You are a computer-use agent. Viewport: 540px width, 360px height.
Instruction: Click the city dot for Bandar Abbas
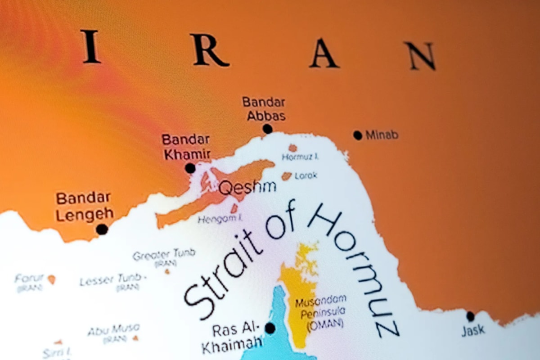[x=268, y=129]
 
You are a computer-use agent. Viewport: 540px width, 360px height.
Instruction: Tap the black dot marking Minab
[x=358, y=135]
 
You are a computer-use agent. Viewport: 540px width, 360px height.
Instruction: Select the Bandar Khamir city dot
[x=190, y=168]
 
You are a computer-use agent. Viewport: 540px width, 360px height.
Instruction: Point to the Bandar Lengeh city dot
[x=102, y=229]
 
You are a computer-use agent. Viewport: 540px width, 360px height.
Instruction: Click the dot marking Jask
[x=470, y=316]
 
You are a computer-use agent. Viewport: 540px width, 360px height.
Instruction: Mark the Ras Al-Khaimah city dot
[x=270, y=328]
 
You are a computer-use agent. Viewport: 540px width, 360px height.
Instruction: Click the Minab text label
[x=382, y=135]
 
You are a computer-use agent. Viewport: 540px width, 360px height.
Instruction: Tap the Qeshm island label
[x=247, y=188]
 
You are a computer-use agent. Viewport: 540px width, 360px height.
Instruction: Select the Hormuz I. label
[x=300, y=157]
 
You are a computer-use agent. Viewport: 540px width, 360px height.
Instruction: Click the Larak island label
[x=306, y=175]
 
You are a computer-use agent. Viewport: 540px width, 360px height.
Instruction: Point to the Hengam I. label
[x=220, y=219]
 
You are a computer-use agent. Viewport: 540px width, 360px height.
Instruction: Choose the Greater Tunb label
[x=164, y=255]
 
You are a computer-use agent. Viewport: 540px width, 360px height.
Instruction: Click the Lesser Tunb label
[x=111, y=281]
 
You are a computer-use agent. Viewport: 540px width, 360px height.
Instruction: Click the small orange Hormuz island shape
[x=292, y=148]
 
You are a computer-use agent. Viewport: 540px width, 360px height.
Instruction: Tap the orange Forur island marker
[x=52, y=279]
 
